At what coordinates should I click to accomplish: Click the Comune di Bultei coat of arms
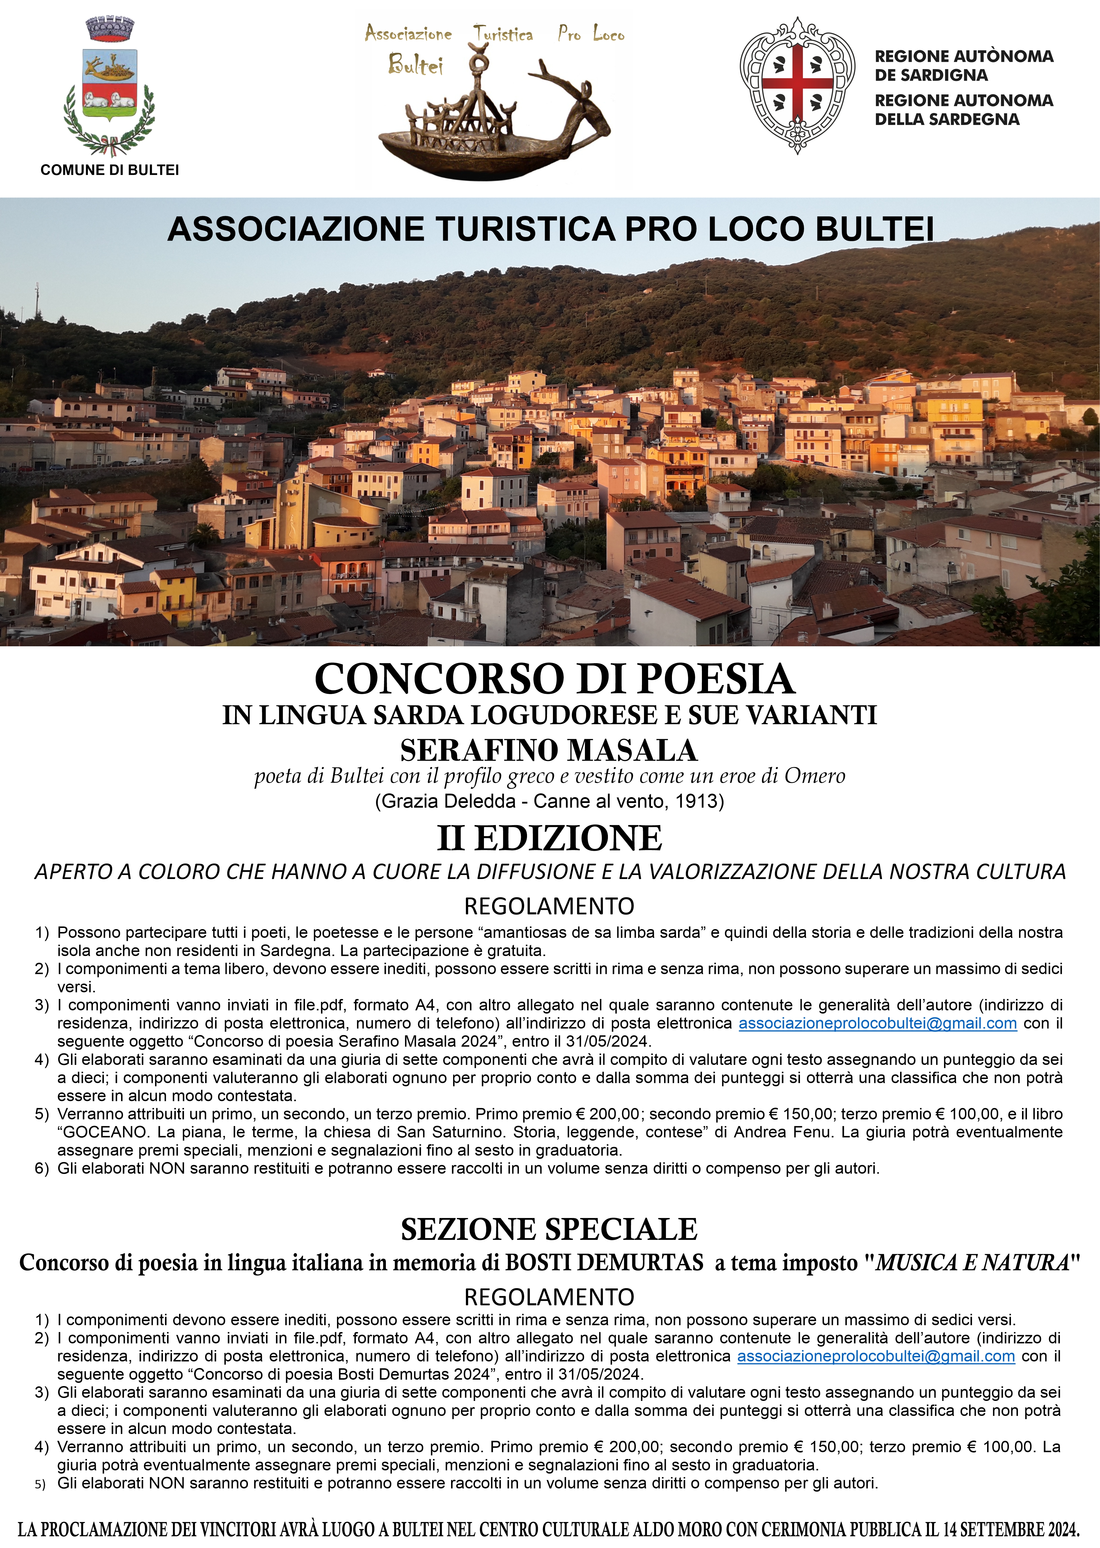[x=109, y=88]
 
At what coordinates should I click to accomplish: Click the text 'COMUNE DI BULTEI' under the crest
[x=110, y=170]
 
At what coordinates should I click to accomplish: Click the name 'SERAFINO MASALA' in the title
[x=549, y=750]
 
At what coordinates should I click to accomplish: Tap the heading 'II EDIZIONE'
[x=549, y=839]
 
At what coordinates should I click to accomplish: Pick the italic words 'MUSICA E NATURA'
[x=973, y=1263]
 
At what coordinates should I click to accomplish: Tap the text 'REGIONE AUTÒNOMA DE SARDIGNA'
[x=963, y=66]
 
